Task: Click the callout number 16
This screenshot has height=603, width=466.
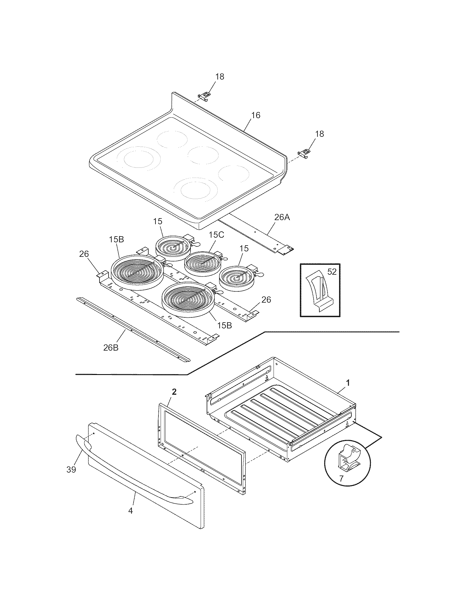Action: [x=256, y=115]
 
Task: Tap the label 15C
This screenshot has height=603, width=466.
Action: [x=216, y=235]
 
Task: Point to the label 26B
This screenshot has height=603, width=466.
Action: [x=111, y=348]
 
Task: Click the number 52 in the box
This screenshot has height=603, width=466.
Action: [x=332, y=272]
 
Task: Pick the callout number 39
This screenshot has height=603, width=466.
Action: [x=71, y=470]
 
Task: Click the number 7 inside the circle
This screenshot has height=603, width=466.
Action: [x=341, y=479]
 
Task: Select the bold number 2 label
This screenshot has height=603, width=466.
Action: [x=174, y=391]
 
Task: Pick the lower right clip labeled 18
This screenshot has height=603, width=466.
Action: [x=304, y=153]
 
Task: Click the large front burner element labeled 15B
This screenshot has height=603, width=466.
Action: [x=188, y=300]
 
